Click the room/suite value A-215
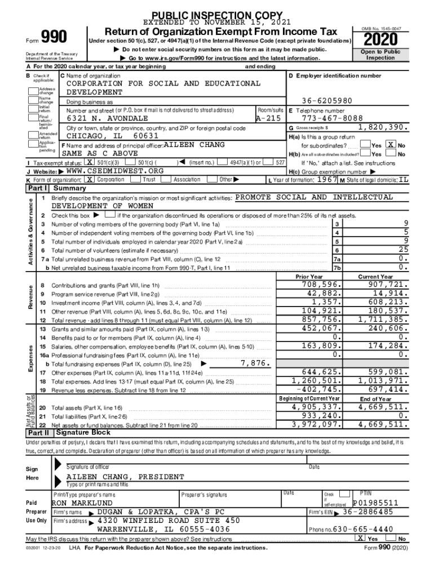click(268, 119)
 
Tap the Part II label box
click(39, 433)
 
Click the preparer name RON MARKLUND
click(82, 503)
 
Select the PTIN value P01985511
click(376, 503)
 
